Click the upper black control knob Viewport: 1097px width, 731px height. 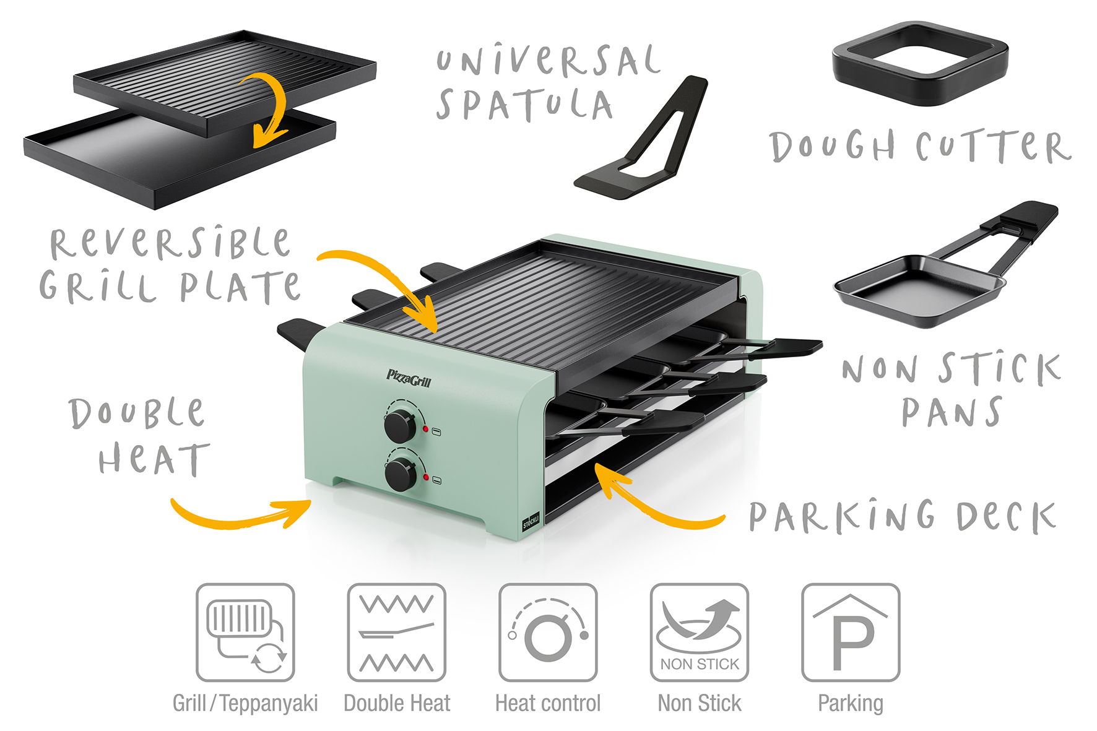click(x=400, y=425)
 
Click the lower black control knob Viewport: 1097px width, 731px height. click(x=401, y=475)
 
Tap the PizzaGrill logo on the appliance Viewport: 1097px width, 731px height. click(x=409, y=378)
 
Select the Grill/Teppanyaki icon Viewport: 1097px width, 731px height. click(x=245, y=632)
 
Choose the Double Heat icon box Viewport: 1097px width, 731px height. click(x=396, y=632)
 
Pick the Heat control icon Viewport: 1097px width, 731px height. click(x=548, y=632)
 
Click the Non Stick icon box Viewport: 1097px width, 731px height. click(x=699, y=632)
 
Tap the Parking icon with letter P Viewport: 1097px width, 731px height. click(x=851, y=632)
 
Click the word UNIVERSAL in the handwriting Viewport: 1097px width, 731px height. click(x=547, y=61)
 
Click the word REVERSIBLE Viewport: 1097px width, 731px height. click(x=170, y=243)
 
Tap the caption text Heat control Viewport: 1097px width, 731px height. click(x=548, y=703)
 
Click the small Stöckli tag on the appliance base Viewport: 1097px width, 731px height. click(x=531, y=521)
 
